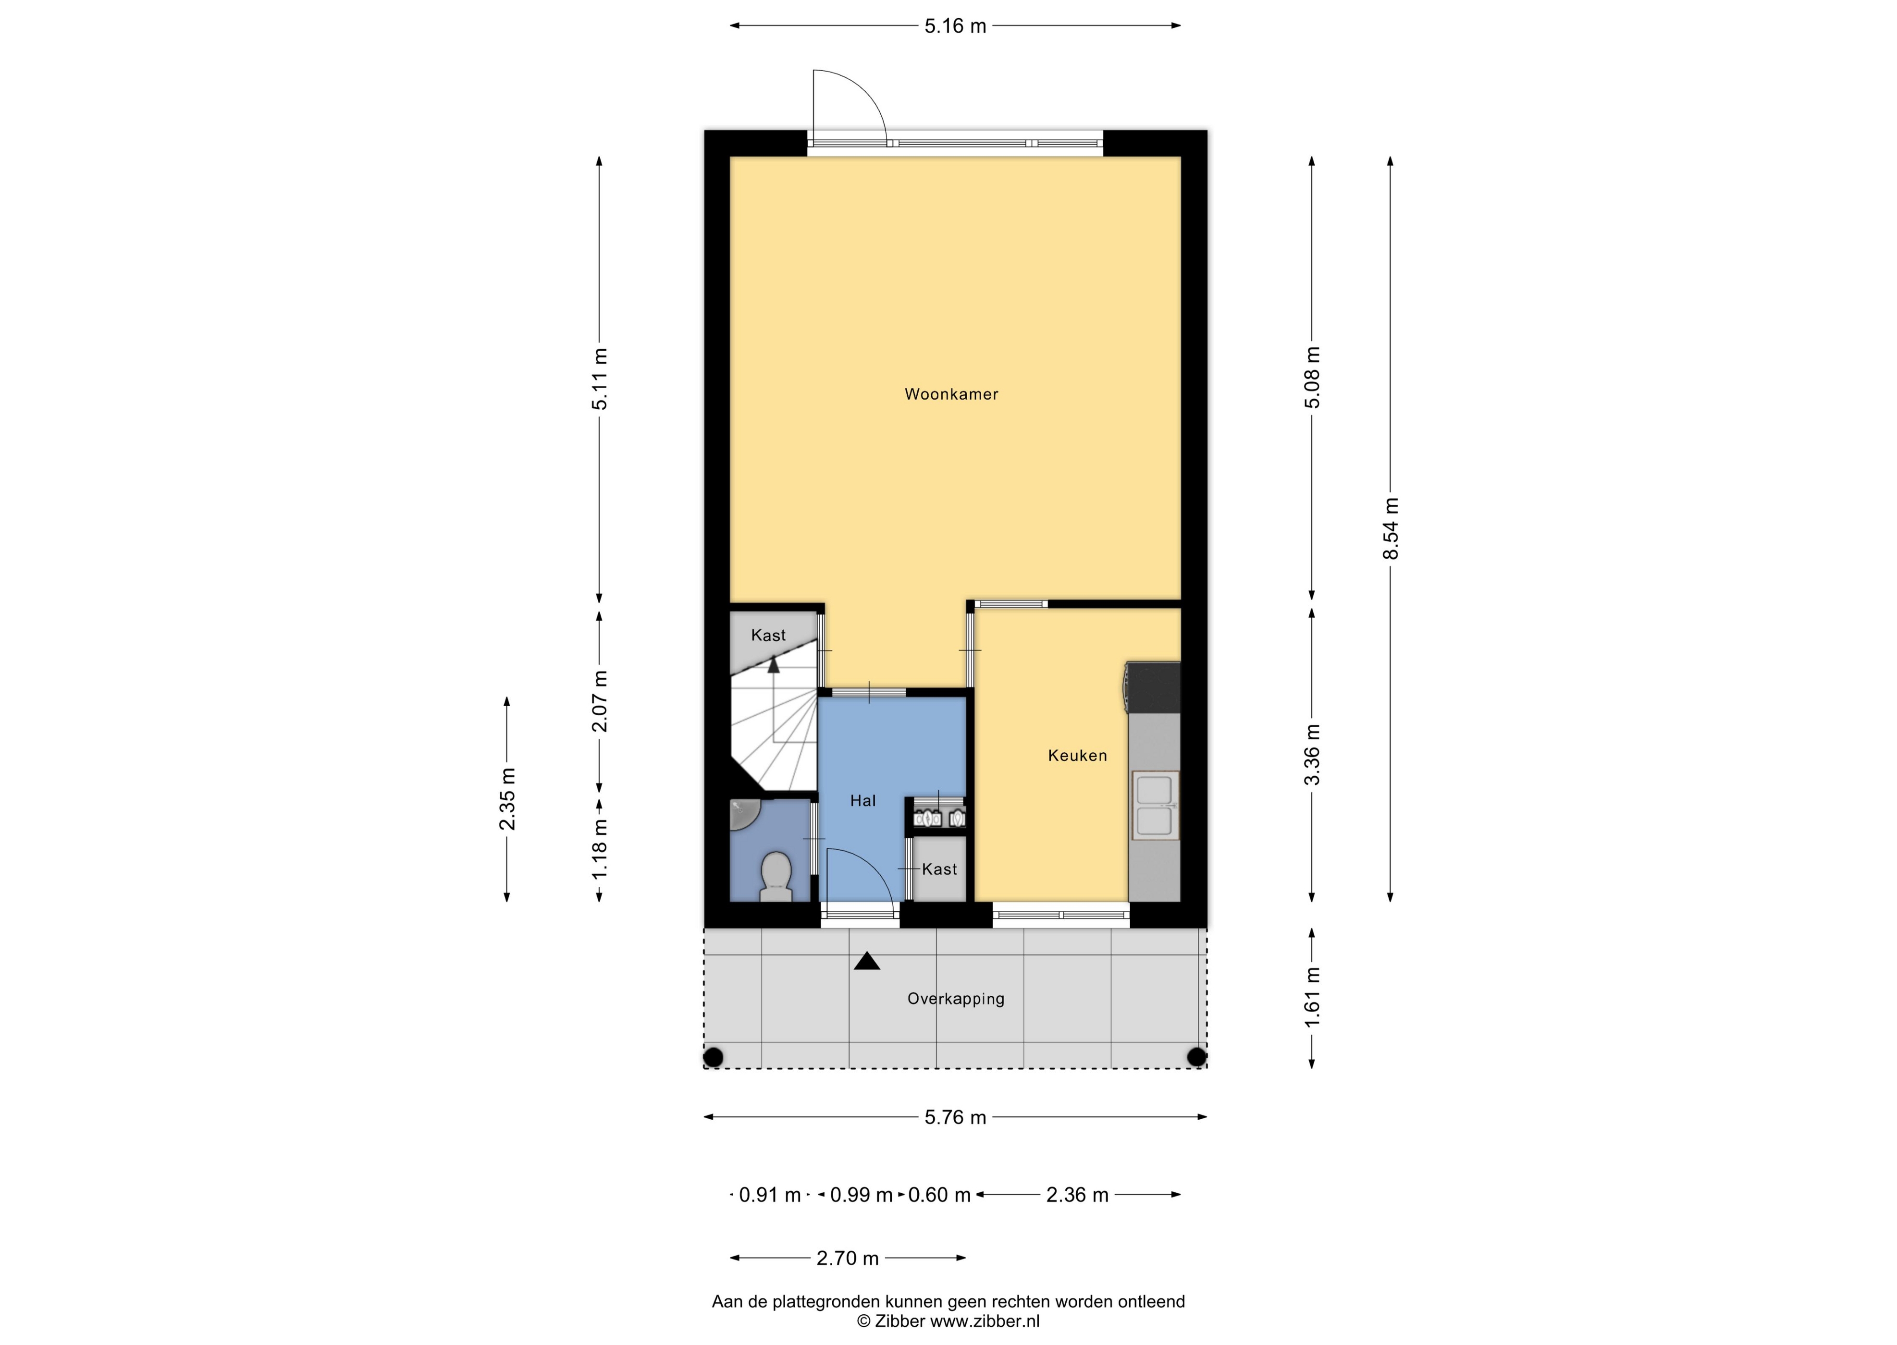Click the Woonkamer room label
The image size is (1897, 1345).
click(x=951, y=394)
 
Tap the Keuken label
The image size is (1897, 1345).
click(x=1077, y=755)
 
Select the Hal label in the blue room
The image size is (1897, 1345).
click(x=862, y=801)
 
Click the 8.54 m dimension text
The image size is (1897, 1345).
click(x=1391, y=528)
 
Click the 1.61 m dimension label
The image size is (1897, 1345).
click(x=1312, y=997)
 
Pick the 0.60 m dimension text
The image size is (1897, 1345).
click(x=939, y=1195)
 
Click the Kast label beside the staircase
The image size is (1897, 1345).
click(x=768, y=635)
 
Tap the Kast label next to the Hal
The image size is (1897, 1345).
click(x=939, y=869)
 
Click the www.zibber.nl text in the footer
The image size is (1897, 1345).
click(x=985, y=1322)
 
